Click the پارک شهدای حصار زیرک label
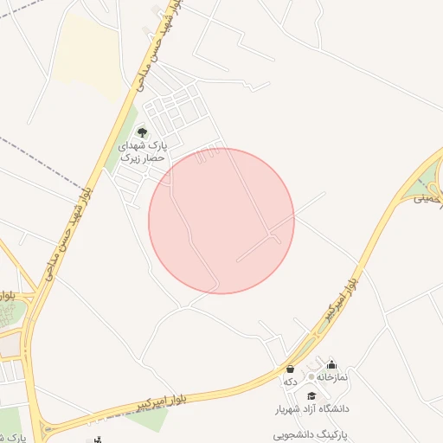click(x=141, y=153)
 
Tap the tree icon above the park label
click(x=142, y=132)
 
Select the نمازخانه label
click(x=331, y=378)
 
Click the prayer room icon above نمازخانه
click(x=331, y=365)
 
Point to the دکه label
click(x=290, y=382)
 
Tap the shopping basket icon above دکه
click(x=289, y=369)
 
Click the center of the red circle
click(x=221, y=221)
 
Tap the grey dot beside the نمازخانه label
click(x=311, y=378)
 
